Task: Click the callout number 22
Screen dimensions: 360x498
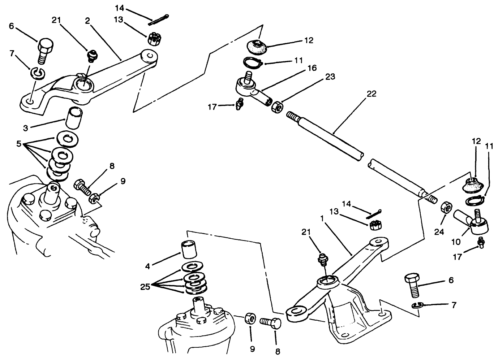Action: click(x=371, y=94)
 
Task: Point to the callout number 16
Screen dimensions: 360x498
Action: click(x=312, y=68)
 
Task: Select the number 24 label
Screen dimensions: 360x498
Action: click(x=439, y=232)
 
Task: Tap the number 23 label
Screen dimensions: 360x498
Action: click(x=330, y=77)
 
